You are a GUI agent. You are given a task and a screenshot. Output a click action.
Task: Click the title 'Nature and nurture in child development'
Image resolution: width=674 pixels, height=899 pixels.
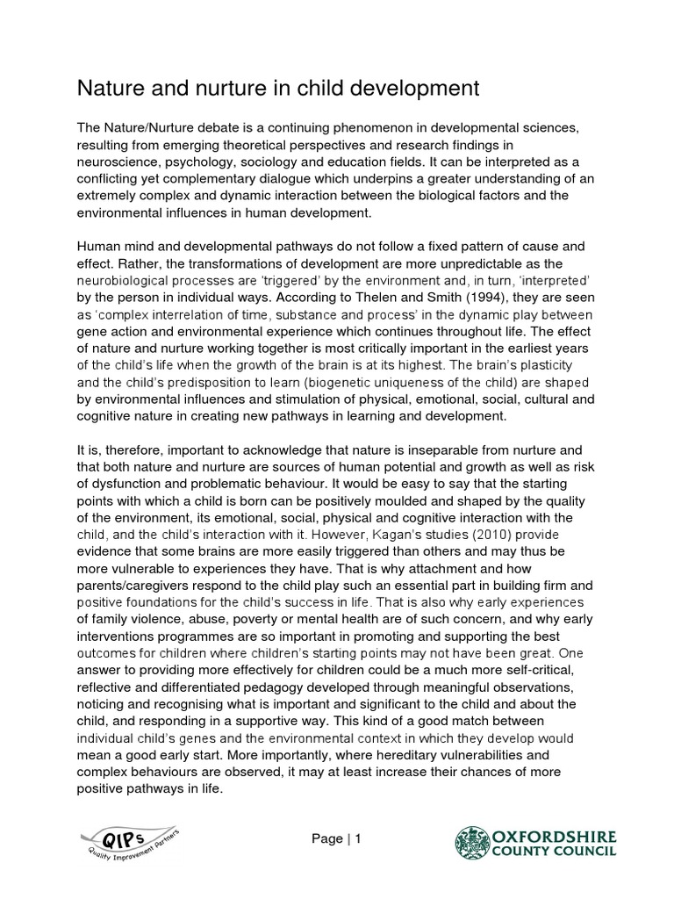[x=279, y=88]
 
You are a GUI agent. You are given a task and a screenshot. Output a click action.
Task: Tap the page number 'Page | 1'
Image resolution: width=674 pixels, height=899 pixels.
[x=336, y=838]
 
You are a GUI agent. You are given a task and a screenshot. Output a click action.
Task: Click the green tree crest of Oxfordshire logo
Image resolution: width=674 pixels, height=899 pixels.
[x=469, y=840]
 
